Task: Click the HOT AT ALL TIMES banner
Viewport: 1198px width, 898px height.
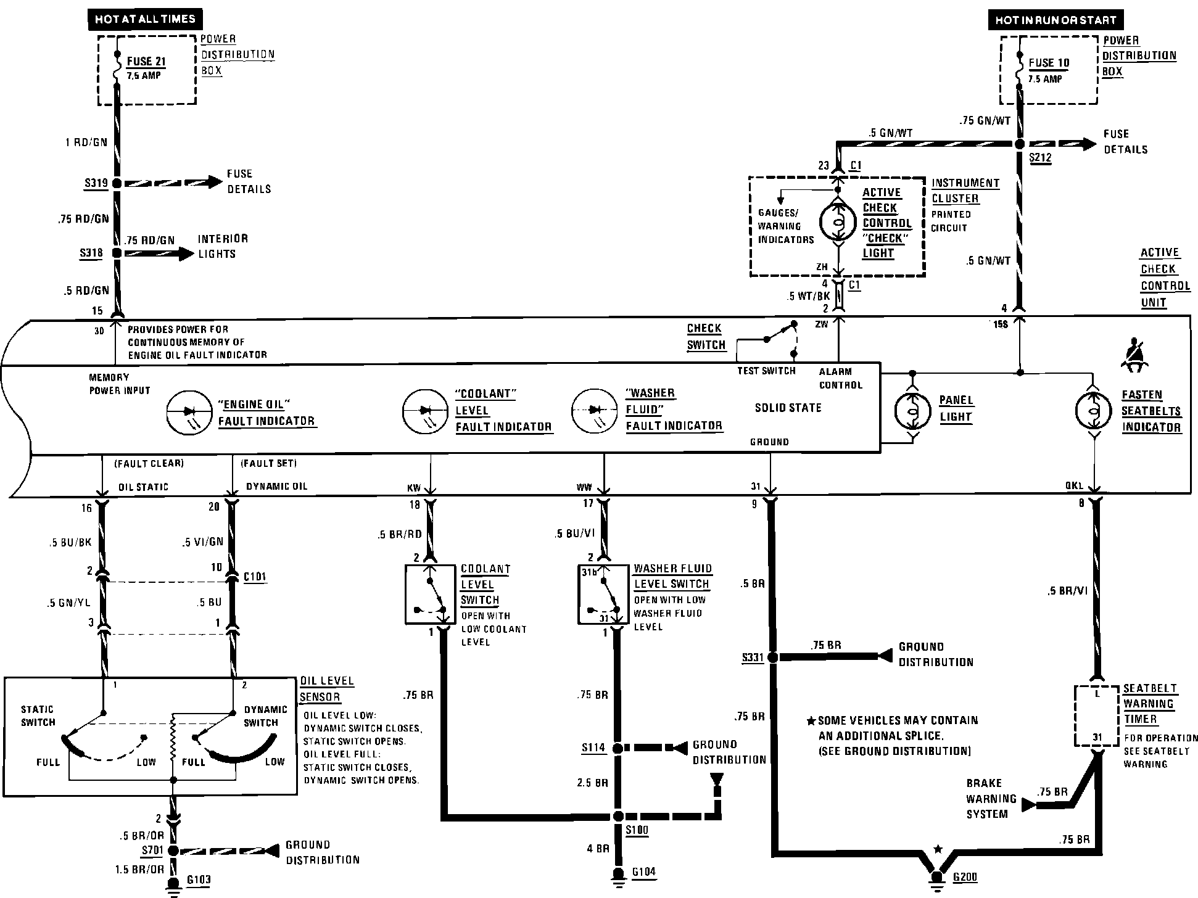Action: click(146, 19)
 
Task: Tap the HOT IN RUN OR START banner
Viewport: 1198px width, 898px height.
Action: click(1055, 20)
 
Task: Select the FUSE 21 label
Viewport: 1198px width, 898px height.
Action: click(146, 62)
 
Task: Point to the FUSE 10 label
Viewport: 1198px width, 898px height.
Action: click(1049, 63)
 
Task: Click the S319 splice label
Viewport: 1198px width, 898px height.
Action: click(96, 183)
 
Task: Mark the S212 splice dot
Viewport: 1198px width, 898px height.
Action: click(1020, 144)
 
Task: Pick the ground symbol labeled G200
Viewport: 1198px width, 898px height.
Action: click(937, 879)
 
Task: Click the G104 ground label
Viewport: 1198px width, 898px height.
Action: click(643, 872)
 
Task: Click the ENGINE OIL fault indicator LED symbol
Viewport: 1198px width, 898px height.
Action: click(185, 413)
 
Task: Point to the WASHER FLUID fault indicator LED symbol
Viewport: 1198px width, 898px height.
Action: click(595, 410)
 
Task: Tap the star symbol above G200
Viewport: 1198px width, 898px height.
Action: click(938, 849)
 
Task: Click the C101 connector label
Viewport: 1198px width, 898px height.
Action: click(255, 577)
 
